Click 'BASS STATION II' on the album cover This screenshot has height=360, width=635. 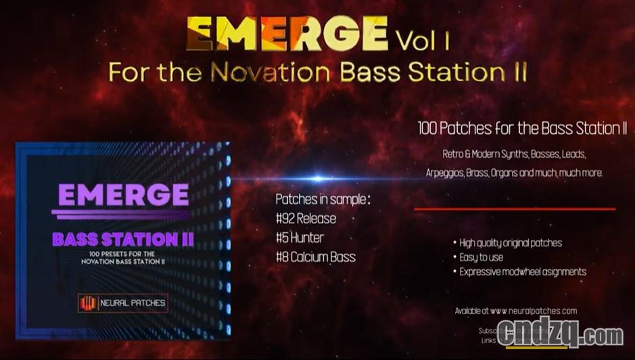122,239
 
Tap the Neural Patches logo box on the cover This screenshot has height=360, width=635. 122,302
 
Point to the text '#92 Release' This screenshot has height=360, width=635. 306,219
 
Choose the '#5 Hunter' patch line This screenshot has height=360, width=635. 300,238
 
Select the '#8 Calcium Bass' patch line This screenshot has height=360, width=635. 315,256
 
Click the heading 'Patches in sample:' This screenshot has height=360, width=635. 323,200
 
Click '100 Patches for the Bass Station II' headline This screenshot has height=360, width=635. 522,129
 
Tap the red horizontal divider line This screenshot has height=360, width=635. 514,209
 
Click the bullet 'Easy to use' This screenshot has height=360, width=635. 481,257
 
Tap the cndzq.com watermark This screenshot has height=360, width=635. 560,335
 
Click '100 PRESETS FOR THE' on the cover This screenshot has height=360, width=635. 122,253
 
